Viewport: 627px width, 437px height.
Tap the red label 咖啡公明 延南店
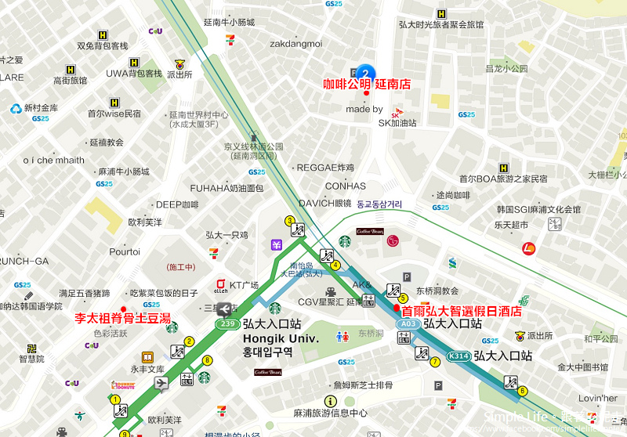[x=367, y=84]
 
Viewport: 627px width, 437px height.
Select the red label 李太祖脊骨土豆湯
[x=122, y=319]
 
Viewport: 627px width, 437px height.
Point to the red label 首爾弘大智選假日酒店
[x=462, y=311]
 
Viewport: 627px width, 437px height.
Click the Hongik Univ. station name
[x=280, y=338]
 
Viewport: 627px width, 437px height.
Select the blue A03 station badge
[x=406, y=323]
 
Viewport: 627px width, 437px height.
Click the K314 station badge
[x=458, y=356]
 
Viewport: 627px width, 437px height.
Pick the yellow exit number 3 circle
[x=290, y=221]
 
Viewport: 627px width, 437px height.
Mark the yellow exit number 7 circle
[x=435, y=362]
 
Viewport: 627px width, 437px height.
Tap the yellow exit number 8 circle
[x=207, y=360]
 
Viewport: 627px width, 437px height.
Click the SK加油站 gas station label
[x=397, y=123]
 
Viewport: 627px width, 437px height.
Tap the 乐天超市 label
[x=513, y=226]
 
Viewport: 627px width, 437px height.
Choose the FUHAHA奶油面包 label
[x=227, y=188]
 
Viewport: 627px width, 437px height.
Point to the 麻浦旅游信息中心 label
[x=330, y=413]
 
